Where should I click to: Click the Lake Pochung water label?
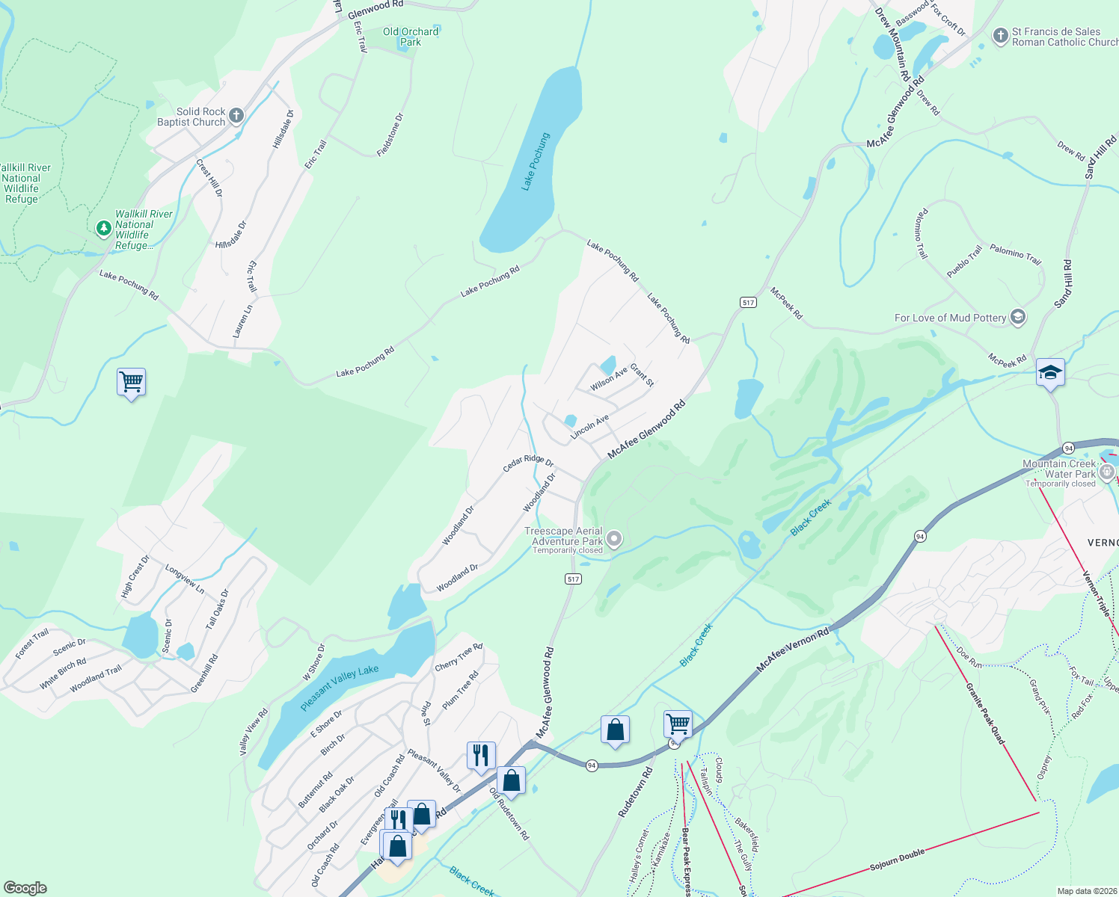click(536, 161)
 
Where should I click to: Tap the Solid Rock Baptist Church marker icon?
click(236, 115)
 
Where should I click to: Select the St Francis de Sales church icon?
click(1000, 36)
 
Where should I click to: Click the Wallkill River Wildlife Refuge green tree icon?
click(104, 228)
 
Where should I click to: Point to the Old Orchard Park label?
click(411, 37)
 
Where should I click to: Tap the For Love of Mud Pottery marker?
click(1017, 317)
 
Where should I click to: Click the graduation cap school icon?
click(1049, 372)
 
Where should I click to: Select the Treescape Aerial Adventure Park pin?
click(614, 538)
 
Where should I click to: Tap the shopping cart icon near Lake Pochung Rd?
click(131, 381)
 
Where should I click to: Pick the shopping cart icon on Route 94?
click(678, 723)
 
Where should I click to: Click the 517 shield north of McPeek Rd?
click(748, 302)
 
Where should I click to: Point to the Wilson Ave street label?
click(608, 379)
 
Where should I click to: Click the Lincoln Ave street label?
click(589, 427)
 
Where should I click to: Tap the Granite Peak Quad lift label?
click(985, 713)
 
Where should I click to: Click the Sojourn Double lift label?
click(897, 860)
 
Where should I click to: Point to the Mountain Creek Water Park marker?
click(1107, 472)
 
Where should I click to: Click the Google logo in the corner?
click(25, 887)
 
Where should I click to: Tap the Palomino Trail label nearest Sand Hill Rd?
click(1015, 254)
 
